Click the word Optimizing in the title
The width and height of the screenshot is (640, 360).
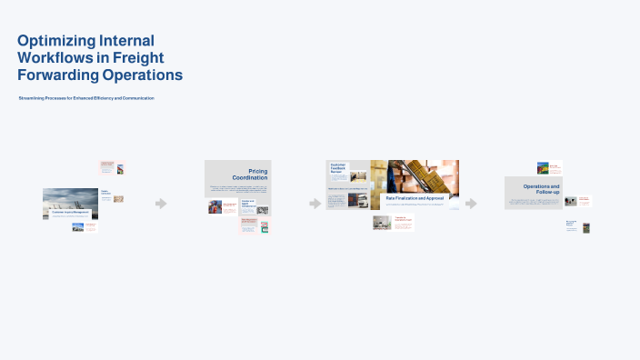[57, 40]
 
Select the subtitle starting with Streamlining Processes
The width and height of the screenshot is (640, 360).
[86, 97]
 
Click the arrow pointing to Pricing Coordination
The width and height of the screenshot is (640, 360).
[161, 204]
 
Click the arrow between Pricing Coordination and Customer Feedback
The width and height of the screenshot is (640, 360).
[315, 204]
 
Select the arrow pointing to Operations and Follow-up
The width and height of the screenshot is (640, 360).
[471, 204]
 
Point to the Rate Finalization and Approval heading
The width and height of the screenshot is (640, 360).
[415, 197]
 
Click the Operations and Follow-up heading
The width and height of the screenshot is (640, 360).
[541, 189]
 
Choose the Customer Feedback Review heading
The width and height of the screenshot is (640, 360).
[339, 168]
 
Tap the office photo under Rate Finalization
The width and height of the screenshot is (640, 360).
[382, 222]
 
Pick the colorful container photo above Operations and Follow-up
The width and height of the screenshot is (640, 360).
[543, 168]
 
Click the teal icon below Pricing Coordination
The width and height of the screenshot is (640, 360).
[264, 226]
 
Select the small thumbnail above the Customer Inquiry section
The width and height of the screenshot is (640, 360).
[120, 168]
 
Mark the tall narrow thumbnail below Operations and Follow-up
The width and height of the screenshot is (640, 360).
[585, 227]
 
